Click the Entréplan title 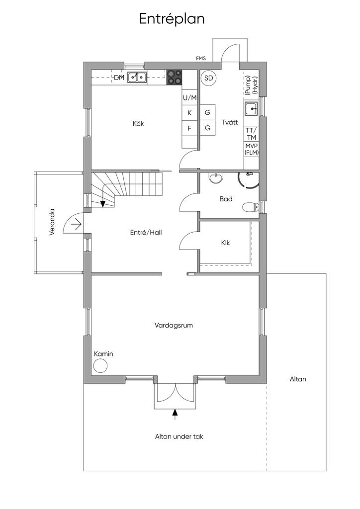point(172,19)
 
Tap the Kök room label point(138,124)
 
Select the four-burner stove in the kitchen point(174,78)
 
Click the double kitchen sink point(137,77)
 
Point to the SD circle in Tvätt point(208,78)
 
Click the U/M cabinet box point(189,97)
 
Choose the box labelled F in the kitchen point(189,128)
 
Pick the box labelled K point(189,113)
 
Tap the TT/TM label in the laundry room point(251,134)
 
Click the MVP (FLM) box point(251,150)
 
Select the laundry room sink point(251,109)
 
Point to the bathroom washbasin point(216,178)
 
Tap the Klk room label point(225,243)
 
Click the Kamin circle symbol point(100,366)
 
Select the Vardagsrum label point(174,325)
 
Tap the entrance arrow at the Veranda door point(77,224)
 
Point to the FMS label point(201,59)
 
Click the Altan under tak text point(179,436)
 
